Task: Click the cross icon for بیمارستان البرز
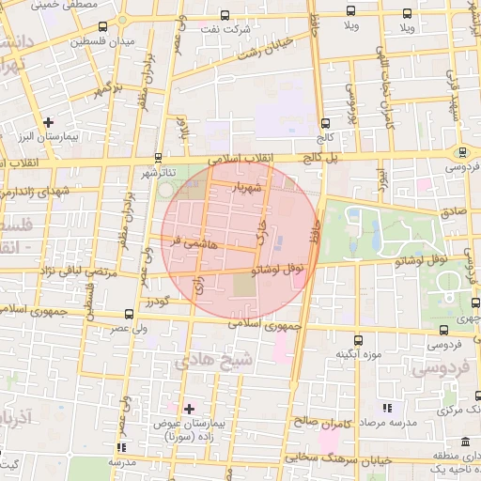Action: click(49, 122)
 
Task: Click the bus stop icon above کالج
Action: click(325, 123)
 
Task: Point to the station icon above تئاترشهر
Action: click(158, 158)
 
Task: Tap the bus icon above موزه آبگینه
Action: click(356, 340)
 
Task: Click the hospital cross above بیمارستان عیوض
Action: click(189, 409)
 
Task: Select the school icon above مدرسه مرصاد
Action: click(386, 409)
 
